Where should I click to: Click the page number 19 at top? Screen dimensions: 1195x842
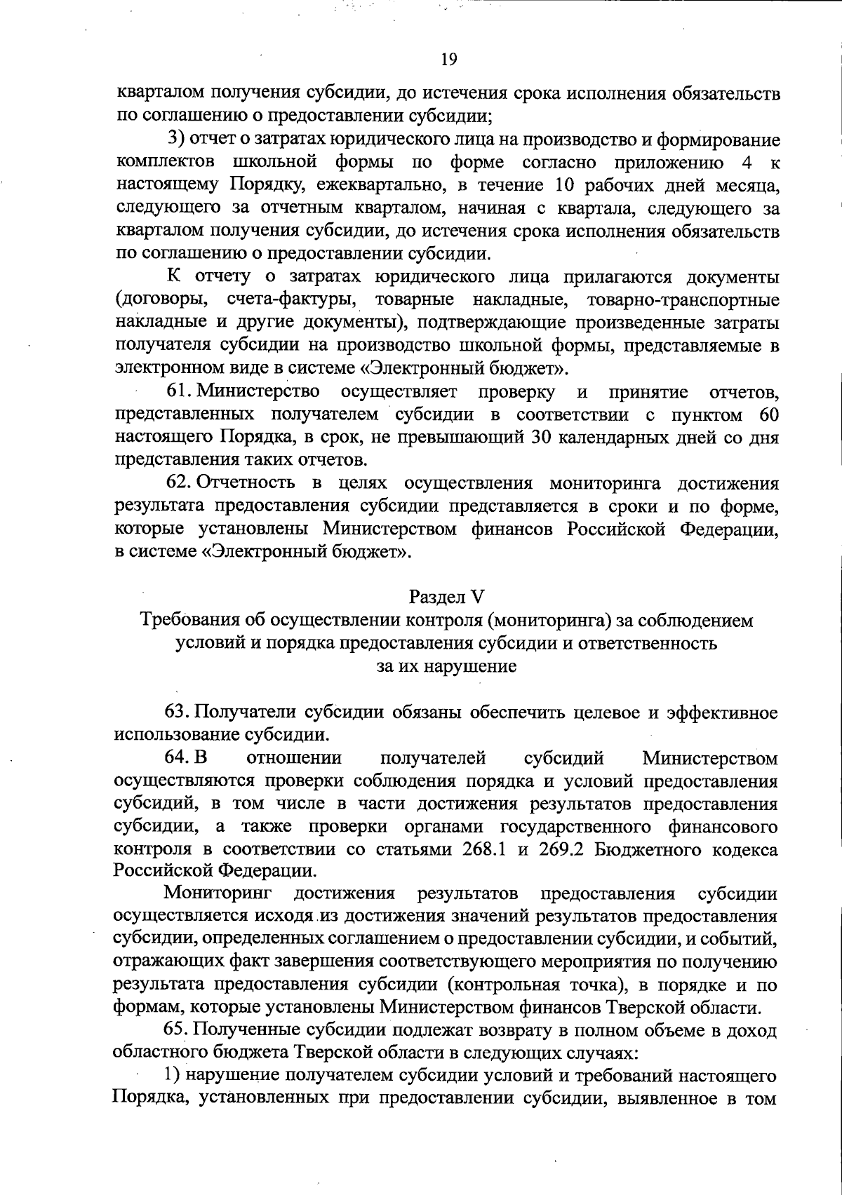449,60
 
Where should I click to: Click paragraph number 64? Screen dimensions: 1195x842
178,758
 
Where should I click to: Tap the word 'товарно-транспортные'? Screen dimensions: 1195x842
681,300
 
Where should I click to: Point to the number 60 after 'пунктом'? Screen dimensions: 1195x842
768,414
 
